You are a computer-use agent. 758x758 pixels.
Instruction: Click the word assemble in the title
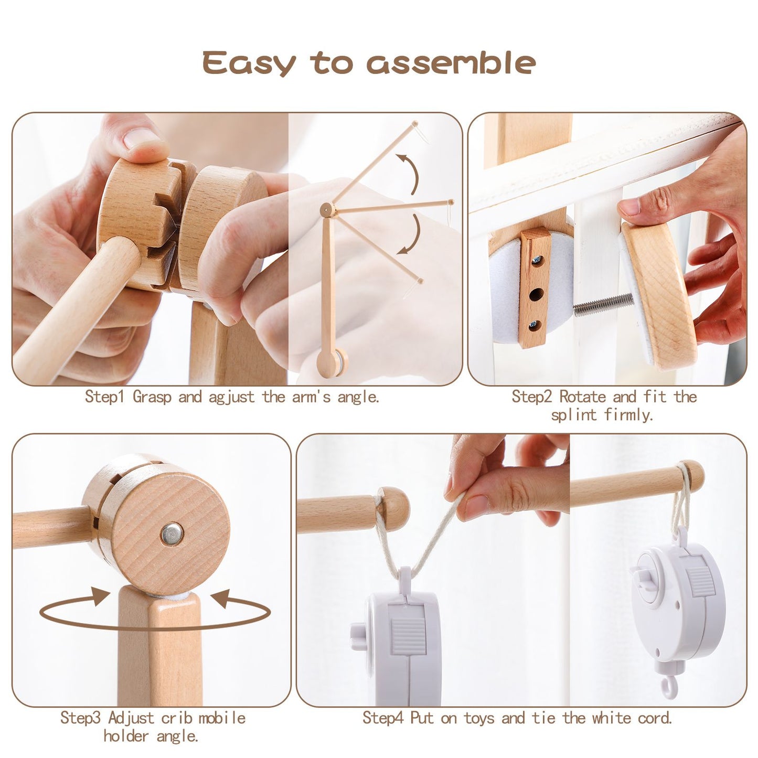pyautogui.click(x=451, y=63)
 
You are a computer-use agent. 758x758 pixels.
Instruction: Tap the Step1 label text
pyautogui.click(x=104, y=397)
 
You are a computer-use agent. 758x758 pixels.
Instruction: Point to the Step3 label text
pyautogui.click(x=80, y=718)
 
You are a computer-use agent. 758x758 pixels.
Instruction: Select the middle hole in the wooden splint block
pyautogui.click(x=536, y=294)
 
